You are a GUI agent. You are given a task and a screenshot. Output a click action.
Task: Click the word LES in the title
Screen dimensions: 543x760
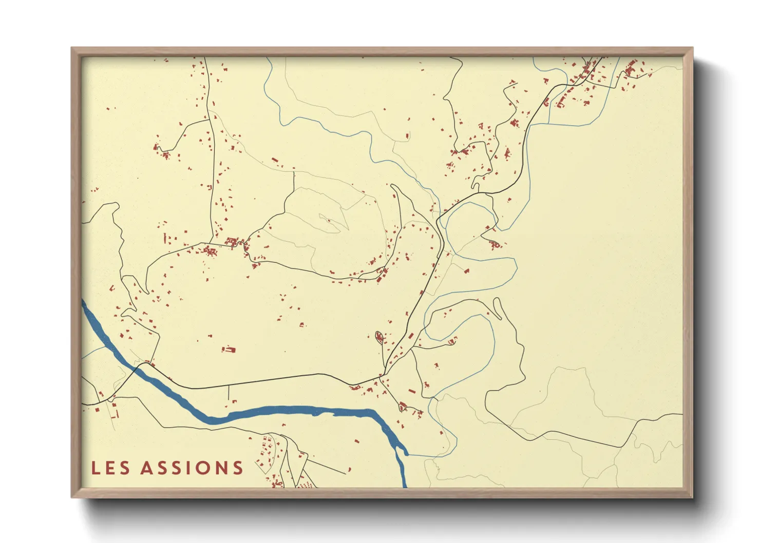point(110,468)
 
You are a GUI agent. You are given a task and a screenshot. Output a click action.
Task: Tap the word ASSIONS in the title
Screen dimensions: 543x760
point(192,468)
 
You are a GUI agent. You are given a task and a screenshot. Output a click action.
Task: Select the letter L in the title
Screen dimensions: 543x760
point(96,468)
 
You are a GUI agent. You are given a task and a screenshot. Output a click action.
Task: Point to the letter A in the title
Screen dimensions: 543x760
point(147,468)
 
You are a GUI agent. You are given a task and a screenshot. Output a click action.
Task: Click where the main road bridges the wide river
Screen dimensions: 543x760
point(138,366)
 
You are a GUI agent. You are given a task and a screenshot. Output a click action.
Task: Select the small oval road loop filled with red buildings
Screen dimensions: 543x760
point(379,338)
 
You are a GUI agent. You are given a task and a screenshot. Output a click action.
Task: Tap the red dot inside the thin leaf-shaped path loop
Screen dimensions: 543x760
point(329,222)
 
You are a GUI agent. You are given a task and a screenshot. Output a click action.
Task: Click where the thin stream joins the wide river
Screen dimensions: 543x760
point(407,454)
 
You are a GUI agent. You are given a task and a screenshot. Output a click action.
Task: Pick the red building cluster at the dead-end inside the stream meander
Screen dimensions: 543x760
point(495,244)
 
